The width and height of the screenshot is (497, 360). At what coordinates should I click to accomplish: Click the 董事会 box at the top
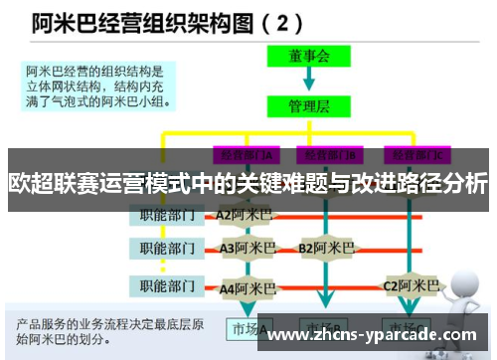(x=308, y=58)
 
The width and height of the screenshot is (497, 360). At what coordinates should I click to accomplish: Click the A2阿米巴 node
(x=244, y=213)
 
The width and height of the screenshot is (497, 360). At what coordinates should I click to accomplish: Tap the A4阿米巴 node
(x=248, y=287)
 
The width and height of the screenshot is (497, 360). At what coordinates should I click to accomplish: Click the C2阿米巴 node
(x=412, y=286)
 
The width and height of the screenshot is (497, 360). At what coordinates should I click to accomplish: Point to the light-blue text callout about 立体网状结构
(x=99, y=87)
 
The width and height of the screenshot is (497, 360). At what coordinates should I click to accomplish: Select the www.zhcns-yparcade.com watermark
(x=374, y=335)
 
